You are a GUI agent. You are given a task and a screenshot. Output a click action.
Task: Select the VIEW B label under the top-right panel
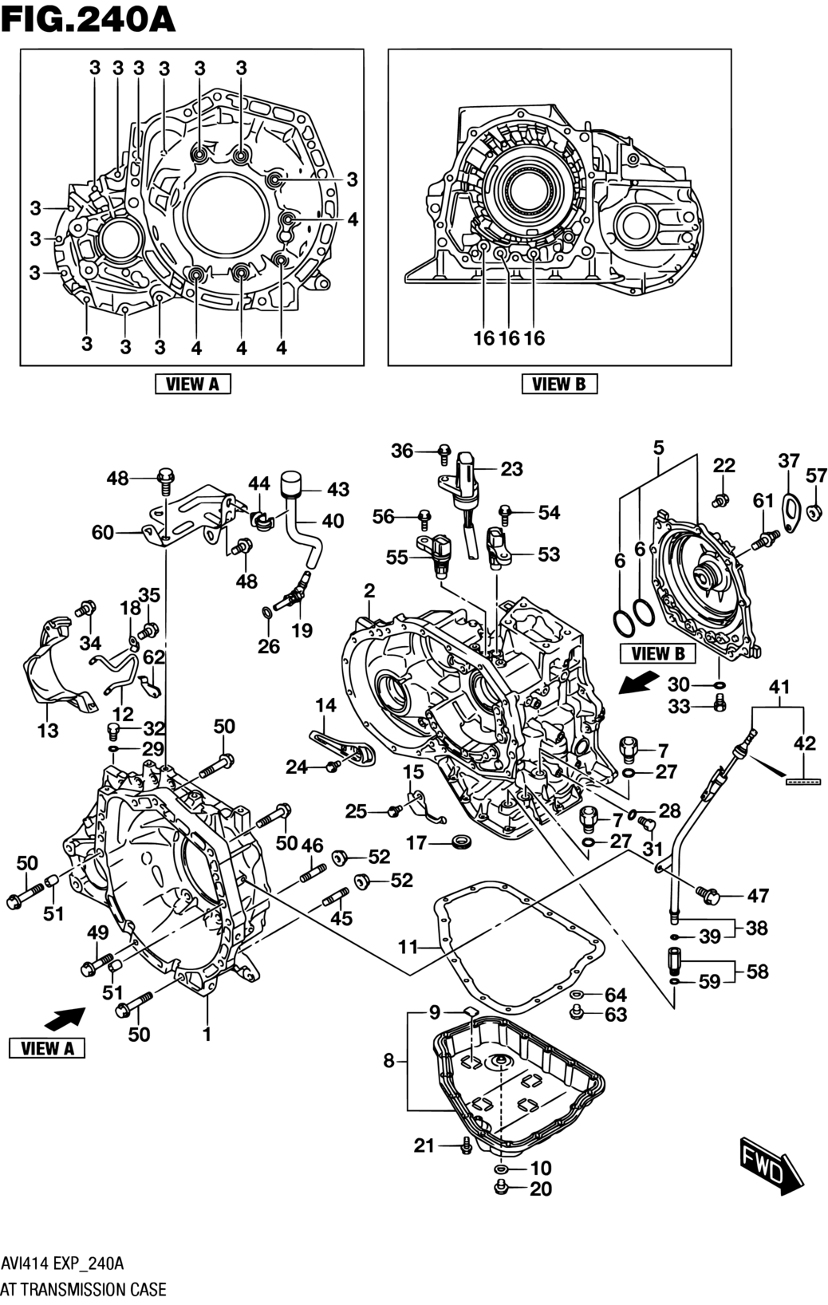[559, 384]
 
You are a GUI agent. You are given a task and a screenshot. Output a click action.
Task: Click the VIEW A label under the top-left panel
[193, 384]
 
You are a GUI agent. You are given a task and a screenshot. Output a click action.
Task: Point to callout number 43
[337, 490]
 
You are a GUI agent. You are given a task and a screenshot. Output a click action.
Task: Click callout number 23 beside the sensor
[511, 469]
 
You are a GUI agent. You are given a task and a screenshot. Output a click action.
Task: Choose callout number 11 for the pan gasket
[408, 947]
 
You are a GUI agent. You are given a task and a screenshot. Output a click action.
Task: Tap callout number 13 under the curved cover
[48, 730]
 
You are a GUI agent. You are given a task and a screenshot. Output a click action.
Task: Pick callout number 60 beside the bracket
[103, 533]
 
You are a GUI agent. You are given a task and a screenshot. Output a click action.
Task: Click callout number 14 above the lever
[325, 705]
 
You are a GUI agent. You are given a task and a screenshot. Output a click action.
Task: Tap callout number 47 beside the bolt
[758, 896]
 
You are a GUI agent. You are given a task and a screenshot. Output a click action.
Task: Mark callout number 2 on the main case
[369, 591]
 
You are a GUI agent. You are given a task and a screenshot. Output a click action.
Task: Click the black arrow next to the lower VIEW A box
[65, 1019]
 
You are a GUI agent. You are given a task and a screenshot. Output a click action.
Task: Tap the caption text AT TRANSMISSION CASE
[84, 1289]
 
